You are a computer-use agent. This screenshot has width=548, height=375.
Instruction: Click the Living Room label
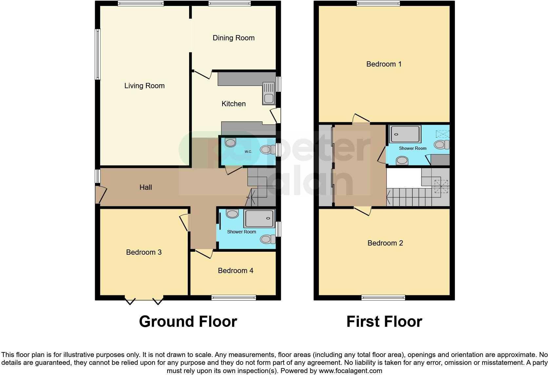tap(144, 86)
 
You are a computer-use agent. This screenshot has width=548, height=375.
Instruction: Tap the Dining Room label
tap(233, 38)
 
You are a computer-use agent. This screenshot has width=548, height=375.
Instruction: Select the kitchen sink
tap(268, 93)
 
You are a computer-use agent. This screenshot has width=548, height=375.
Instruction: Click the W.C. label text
tap(248, 151)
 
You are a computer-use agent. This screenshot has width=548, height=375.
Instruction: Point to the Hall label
tap(146, 187)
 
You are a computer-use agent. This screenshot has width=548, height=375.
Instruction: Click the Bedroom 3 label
tap(144, 252)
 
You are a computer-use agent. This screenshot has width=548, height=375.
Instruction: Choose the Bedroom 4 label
tap(235, 270)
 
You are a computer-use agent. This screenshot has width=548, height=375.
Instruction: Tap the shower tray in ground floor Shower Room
tap(259, 219)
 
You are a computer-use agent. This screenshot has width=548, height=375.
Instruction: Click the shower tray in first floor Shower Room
tap(405, 134)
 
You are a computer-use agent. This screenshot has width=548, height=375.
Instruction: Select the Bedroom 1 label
tap(383, 64)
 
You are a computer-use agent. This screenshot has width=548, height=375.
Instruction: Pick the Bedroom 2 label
tap(385, 243)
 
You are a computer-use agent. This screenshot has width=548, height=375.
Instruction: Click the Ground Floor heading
tap(188, 322)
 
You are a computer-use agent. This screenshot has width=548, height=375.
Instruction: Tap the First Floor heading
tap(384, 322)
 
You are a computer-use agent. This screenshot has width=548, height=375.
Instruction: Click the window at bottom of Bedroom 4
tap(233, 298)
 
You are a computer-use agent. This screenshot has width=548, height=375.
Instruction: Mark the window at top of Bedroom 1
tap(378, 4)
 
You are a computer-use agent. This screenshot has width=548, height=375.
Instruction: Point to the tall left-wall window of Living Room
tap(98, 54)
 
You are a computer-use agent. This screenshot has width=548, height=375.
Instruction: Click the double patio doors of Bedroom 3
tap(144, 299)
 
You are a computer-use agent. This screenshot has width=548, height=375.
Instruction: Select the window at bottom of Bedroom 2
tap(383, 298)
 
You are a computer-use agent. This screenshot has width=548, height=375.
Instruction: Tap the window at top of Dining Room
tap(230, 4)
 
